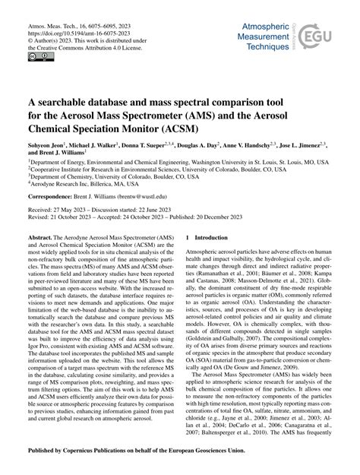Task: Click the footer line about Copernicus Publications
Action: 179,461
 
